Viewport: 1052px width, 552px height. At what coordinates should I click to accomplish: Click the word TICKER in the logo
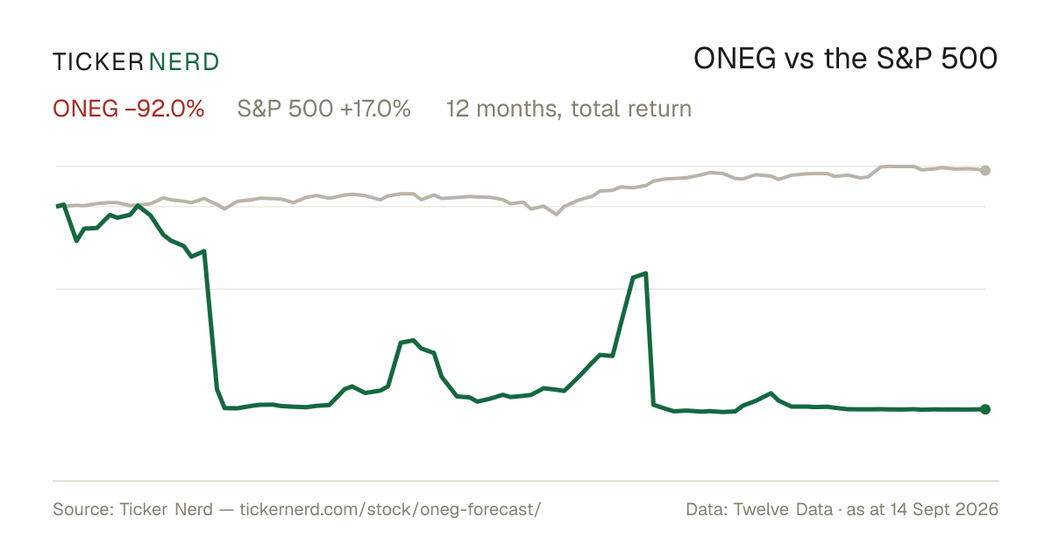coord(98,62)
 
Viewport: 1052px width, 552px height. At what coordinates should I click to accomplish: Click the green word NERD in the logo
coord(184,62)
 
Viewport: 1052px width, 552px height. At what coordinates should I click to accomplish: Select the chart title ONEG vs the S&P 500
coord(845,59)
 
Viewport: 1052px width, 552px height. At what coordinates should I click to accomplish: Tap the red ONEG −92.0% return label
coord(129,109)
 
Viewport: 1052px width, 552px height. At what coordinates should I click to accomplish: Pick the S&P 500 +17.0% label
coord(324,109)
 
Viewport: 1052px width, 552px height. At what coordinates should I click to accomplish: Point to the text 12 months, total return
coord(569,110)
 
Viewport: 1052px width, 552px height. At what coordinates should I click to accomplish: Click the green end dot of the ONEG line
coord(985,409)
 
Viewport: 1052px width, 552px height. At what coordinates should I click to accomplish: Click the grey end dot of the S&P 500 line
coord(985,170)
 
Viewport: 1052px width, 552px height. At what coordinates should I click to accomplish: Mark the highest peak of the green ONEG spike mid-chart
coord(646,273)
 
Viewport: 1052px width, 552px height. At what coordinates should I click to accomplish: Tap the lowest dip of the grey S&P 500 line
coord(557,215)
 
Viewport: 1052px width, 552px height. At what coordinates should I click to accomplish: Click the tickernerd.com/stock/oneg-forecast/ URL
coord(390,509)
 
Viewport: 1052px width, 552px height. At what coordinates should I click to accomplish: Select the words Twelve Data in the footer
coord(783,509)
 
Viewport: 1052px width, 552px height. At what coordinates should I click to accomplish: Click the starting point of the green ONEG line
coord(57,206)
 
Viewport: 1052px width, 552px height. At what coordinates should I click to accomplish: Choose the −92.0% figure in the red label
coord(165,109)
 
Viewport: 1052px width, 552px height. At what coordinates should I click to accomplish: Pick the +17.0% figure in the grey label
coord(375,109)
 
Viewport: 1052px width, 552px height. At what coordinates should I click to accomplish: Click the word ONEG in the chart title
coord(735,59)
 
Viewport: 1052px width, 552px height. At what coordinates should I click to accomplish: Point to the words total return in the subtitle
coord(631,109)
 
